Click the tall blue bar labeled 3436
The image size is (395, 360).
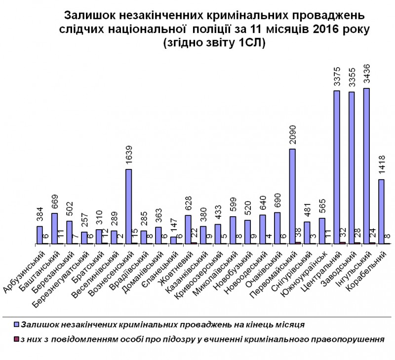pyautogui.click(x=366, y=166)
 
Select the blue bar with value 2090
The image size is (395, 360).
pyautogui.click(x=292, y=196)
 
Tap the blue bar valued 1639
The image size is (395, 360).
pyautogui.click(x=128, y=206)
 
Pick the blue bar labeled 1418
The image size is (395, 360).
pyautogui.click(x=381, y=211)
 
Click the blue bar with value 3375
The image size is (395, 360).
pyautogui.click(x=336, y=167)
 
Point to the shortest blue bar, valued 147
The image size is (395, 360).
pyautogui.click(x=173, y=240)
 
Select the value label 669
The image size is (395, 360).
pyautogui.click(x=55, y=201)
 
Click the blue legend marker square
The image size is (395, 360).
pyautogui.click(x=16, y=324)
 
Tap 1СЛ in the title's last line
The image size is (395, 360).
pyautogui.click(x=250, y=43)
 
